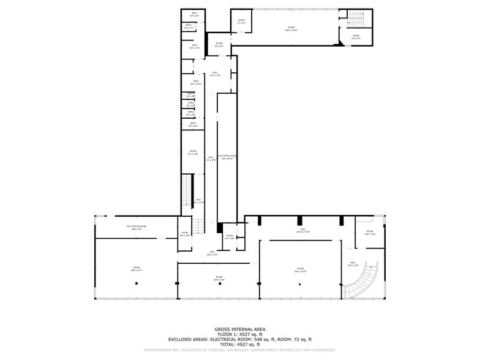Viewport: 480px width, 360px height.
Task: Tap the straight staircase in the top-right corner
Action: (356, 18)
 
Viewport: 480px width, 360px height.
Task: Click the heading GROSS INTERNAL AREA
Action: (240, 329)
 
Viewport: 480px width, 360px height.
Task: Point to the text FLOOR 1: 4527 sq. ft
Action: (240, 334)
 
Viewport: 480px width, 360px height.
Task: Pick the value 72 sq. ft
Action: (301, 339)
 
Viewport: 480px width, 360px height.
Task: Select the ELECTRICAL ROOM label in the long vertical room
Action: (227, 157)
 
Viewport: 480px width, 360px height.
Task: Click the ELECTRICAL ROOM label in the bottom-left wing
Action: (136, 227)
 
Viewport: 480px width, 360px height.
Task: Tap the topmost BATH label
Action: (194, 13)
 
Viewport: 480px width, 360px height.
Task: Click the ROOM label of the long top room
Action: (291, 28)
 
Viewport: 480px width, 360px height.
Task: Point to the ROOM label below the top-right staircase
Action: (356, 36)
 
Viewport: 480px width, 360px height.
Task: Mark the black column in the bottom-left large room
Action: (137, 283)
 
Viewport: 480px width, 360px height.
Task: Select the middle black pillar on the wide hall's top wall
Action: (300, 220)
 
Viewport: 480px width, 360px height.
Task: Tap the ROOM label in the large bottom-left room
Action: (136, 268)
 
